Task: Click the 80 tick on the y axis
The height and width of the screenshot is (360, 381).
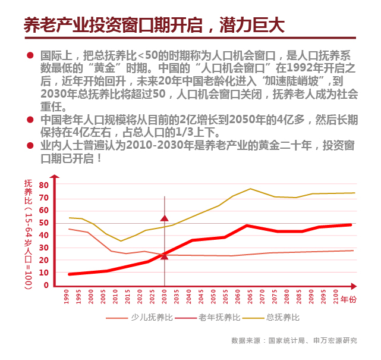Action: [x=43, y=185]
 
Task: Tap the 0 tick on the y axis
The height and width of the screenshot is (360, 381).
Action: [x=45, y=285]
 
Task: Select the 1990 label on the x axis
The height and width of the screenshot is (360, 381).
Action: [x=68, y=296]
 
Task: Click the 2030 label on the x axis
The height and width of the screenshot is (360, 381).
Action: [x=165, y=296]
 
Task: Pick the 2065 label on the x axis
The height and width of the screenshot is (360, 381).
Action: [x=250, y=296]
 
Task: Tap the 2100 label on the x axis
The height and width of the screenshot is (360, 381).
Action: [x=336, y=296]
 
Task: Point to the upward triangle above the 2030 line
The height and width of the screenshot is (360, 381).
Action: [x=165, y=218]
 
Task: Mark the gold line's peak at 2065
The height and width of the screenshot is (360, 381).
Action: [x=250, y=189]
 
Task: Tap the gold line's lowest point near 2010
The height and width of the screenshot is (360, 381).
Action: [x=121, y=241]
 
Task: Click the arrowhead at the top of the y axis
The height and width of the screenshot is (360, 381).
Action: [x=53, y=179]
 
